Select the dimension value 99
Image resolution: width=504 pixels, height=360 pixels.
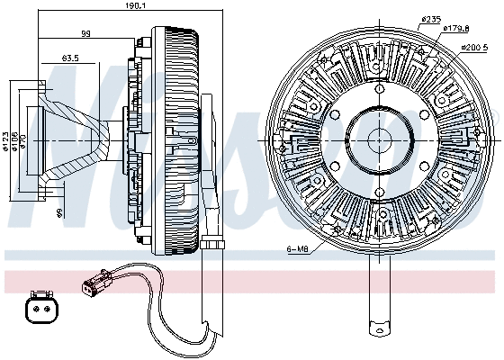pos(87,34)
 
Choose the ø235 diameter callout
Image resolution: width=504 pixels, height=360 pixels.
pos(431,20)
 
